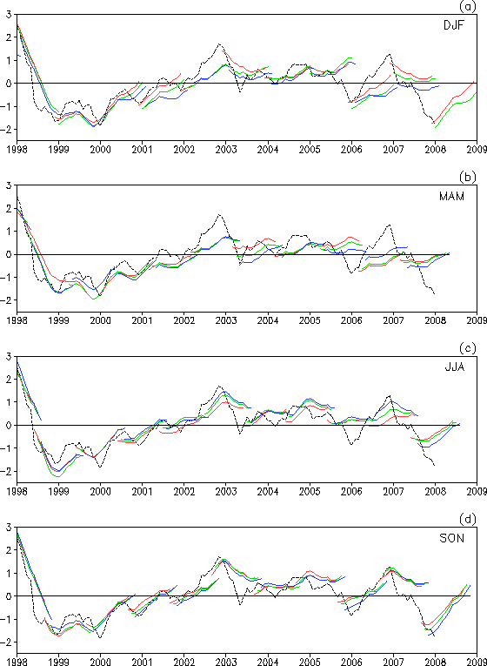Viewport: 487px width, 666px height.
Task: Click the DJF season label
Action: [x=453, y=25]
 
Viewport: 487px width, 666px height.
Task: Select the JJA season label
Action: [x=453, y=367]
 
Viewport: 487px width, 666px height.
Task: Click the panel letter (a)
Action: [x=475, y=6]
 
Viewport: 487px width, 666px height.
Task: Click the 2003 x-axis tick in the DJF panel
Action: [x=226, y=150]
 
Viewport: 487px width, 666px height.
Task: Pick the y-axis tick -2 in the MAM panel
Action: [x=6, y=299]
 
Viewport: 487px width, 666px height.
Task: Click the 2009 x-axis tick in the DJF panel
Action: [x=477, y=150]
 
